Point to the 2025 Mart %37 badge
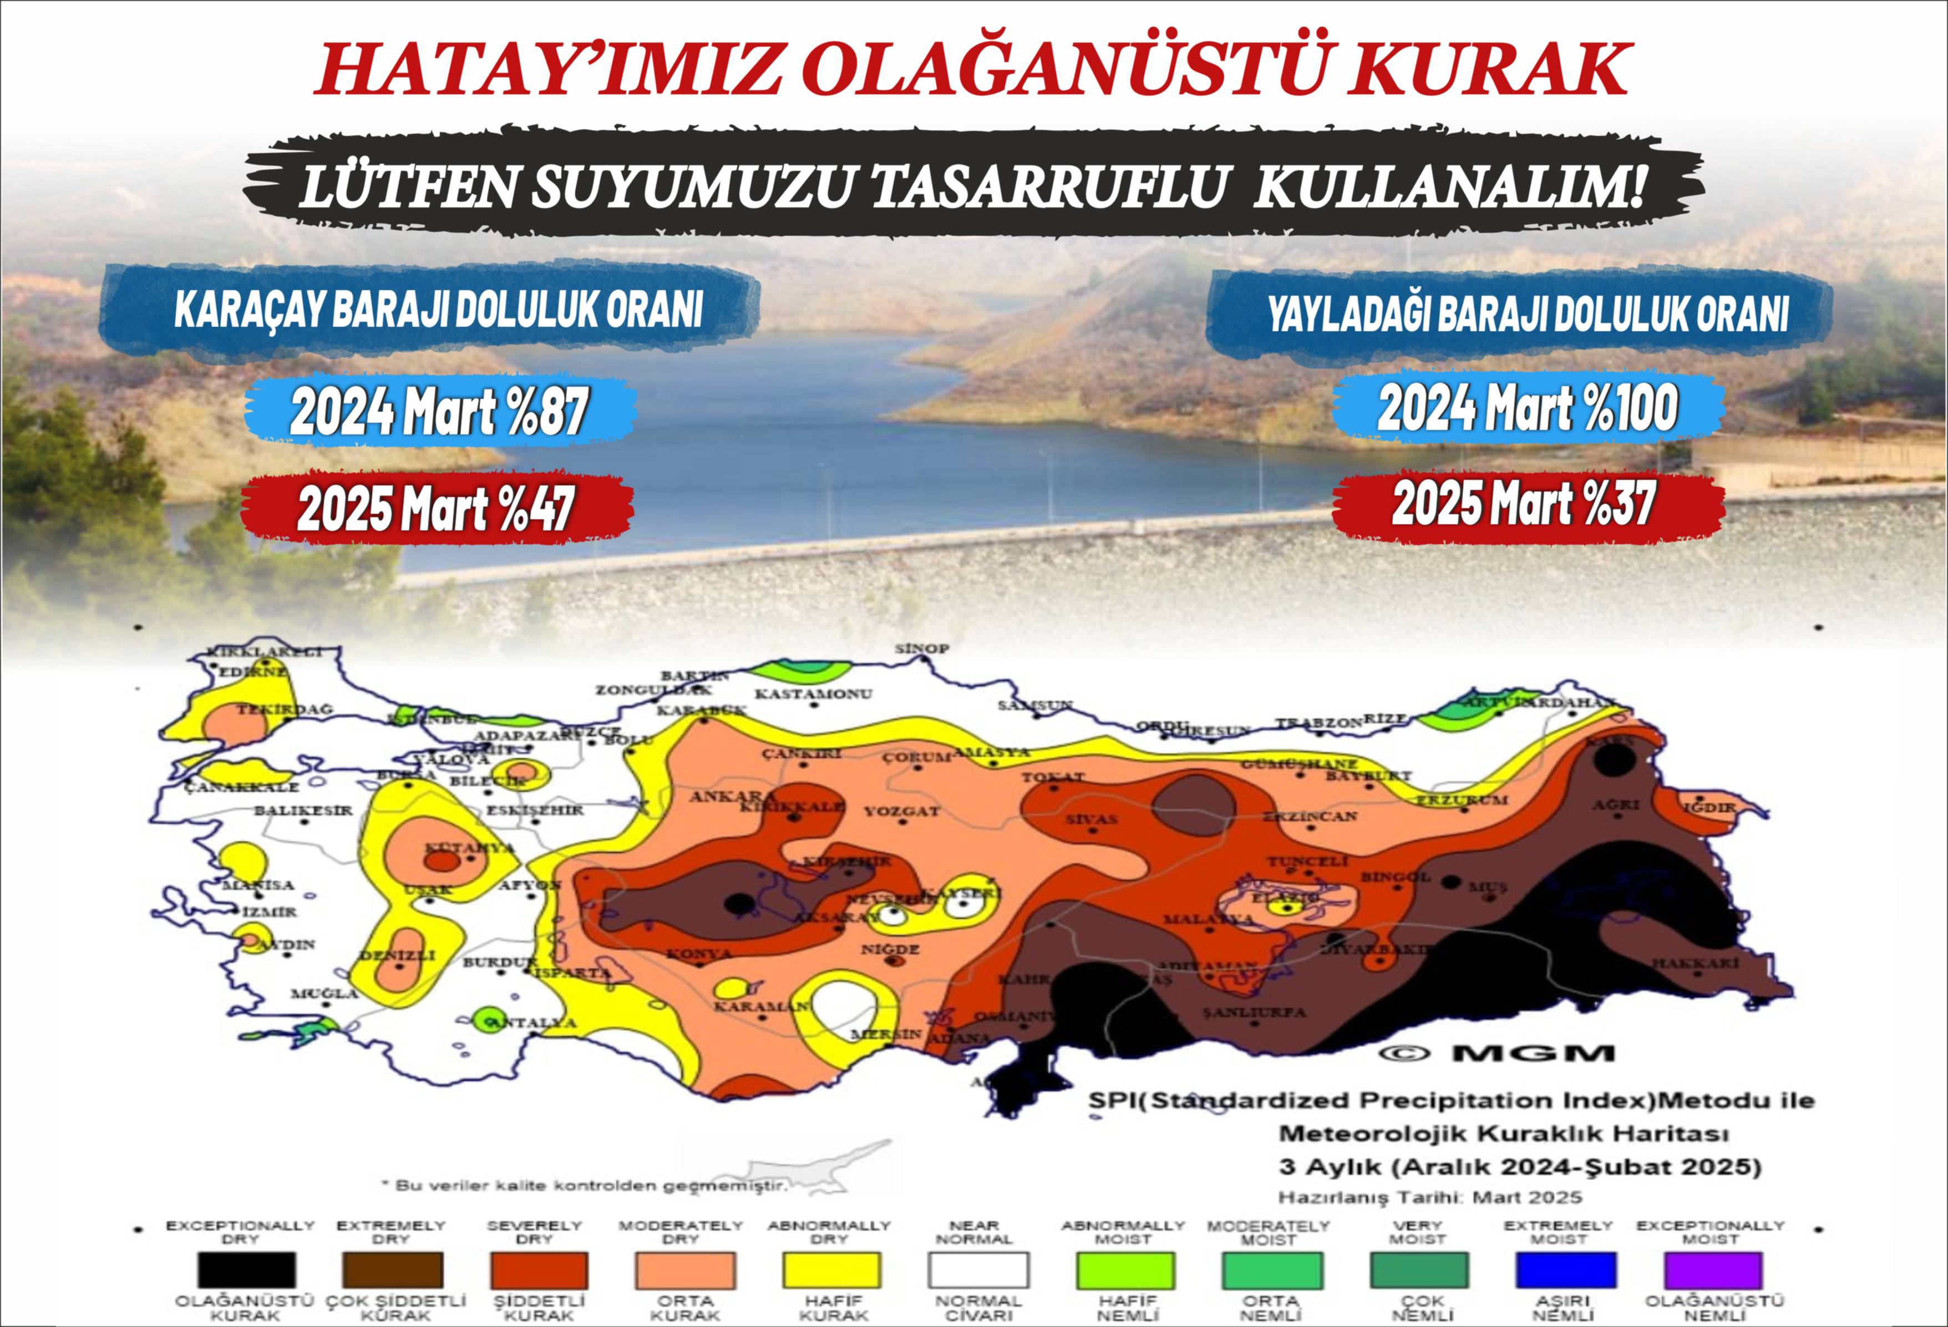pos(1523,505)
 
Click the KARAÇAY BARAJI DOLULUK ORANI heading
pos(438,312)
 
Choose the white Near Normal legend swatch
pos(977,1270)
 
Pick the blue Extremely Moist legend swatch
pos(1565,1270)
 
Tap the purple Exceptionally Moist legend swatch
pos(1710,1270)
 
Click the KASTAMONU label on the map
pos(813,694)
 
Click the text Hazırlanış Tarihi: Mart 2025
pos(1431,1197)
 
